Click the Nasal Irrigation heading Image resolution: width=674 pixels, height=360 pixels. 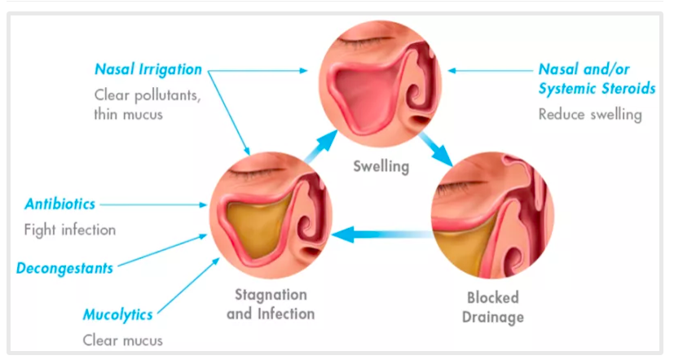point(148,69)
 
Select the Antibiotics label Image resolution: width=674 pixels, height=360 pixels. point(59,204)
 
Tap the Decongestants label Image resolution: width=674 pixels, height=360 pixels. point(64,267)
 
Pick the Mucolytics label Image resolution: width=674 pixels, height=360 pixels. point(117,314)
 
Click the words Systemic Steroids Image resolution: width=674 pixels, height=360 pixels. point(597,88)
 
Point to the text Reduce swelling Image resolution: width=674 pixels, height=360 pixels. point(590,114)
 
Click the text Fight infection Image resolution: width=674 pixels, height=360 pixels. point(70,230)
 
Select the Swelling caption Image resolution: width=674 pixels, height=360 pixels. point(381,167)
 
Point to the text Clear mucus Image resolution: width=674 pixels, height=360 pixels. point(122,340)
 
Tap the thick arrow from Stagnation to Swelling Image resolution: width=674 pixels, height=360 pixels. point(320,145)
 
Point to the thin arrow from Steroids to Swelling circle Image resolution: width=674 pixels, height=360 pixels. point(489,71)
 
